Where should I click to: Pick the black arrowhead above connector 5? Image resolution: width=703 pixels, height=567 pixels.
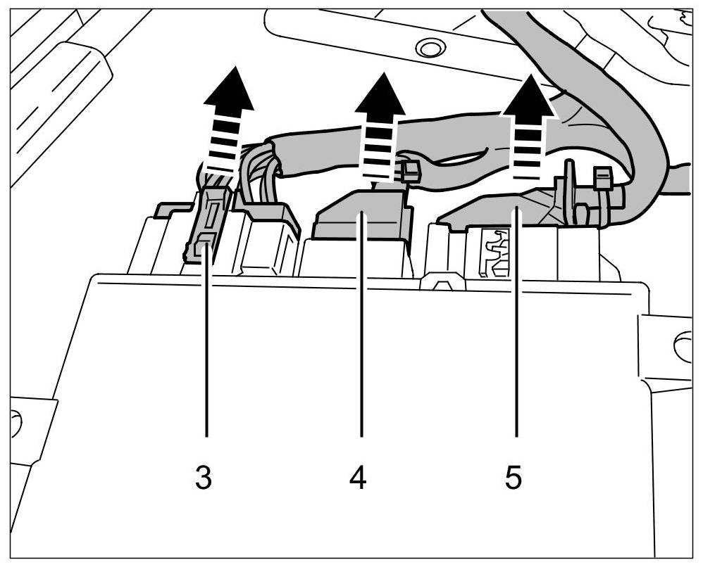click(x=528, y=98)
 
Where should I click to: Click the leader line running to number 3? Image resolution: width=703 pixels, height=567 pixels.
click(x=206, y=352)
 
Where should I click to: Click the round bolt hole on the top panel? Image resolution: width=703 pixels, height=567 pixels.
click(x=426, y=48)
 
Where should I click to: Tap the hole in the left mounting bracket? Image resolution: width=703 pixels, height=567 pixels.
click(x=15, y=422)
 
